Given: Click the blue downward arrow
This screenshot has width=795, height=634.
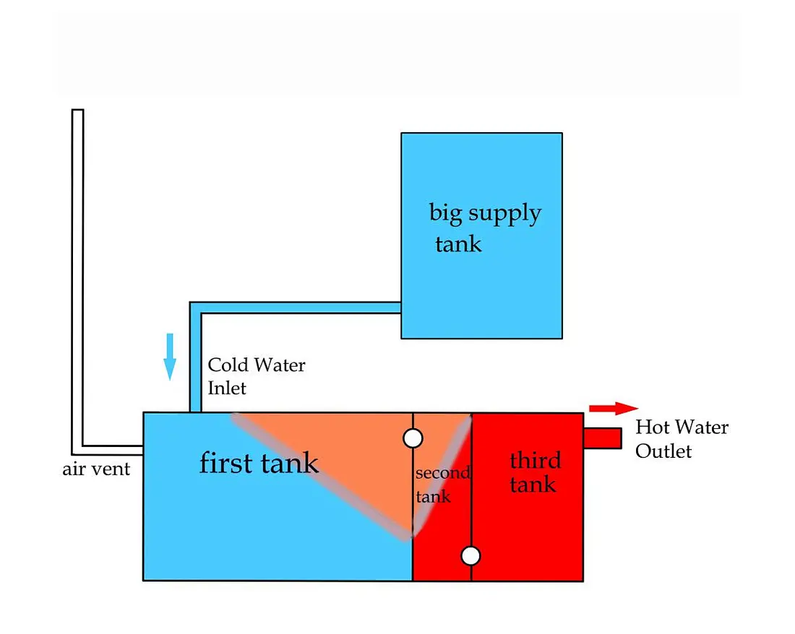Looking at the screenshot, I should [170, 356].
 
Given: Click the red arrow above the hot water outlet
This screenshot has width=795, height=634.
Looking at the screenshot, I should [614, 409].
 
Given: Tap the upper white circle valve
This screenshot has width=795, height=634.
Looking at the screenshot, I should [413, 438].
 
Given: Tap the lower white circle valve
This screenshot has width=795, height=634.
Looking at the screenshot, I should [470, 556].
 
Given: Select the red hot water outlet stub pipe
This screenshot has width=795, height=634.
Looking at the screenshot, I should [603, 438].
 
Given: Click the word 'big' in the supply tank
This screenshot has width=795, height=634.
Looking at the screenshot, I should [445, 213].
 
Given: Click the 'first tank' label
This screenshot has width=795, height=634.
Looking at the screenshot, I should [259, 463].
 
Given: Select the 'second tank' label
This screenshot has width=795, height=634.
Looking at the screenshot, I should [442, 485].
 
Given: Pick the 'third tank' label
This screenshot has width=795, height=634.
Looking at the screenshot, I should [534, 472].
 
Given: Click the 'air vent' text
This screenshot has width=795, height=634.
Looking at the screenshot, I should [96, 469].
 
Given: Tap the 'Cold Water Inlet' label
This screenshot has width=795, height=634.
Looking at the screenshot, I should [256, 376].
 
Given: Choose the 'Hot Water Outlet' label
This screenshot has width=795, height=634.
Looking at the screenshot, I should [682, 438].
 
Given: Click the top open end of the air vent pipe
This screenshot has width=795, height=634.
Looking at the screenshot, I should [77, 111].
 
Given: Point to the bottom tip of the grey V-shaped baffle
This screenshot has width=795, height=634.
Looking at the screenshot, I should [408, 536].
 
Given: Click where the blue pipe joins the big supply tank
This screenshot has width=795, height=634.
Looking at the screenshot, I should [400, 308].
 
